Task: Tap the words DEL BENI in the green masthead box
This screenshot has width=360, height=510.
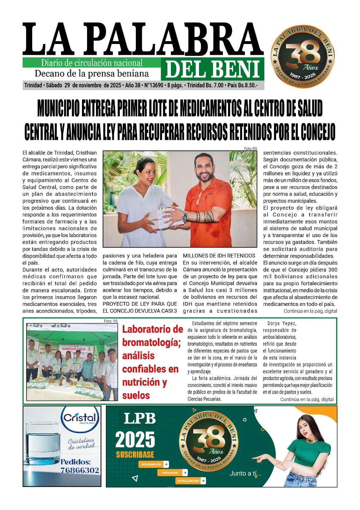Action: pyautogui.click(x=212, y=69)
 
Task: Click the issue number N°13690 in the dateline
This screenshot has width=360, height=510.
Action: pyautogui.click(x=154, y=85)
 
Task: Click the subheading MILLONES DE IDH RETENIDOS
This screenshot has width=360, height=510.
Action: pyautogui.click(x=219, y=256)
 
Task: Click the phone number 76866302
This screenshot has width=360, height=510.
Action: pyautogui.click(x=80, y=470)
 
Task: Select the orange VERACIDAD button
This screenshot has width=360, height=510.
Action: pyautogui.click(x=173, y=472)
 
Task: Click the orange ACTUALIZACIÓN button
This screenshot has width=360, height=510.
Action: pyautogui.click(x=190, y=481)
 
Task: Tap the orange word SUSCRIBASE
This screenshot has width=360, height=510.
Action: pyautogui.click(x=135, y=455)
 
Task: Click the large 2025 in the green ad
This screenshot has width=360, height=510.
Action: pyautogui.click(x=135, y=440)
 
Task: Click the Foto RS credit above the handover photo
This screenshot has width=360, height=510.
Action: pyautogui.click(x=250, y=149)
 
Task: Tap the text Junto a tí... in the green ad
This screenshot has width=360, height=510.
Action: pyautogui.click(x=245, y=474)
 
